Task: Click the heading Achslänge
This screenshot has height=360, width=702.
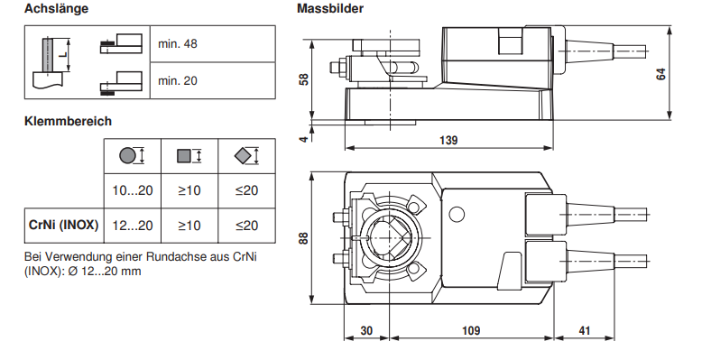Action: [x=57, y=9]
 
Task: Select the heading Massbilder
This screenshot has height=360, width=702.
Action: [x=330, y=8]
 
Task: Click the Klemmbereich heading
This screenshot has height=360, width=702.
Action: [x=68, y=121]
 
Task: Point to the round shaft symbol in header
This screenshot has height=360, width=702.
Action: [x=127, y=156]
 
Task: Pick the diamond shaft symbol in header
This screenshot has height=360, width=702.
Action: [x=242, y=156]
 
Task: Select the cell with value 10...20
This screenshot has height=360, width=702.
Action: [x=133, y=190]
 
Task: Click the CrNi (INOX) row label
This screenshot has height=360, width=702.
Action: [x=63, y=225]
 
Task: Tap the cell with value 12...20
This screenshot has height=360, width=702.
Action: [x=133, y=226]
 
